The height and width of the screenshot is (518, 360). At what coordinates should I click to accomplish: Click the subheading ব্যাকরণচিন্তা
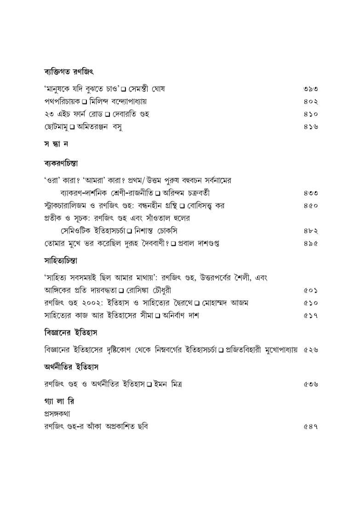coord(57,162)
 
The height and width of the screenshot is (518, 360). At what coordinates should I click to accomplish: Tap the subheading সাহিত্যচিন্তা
coord(56,260)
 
